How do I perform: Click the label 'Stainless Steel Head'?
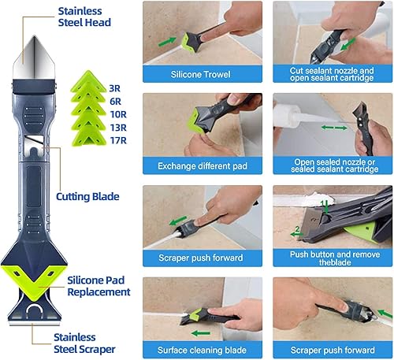point(84,17)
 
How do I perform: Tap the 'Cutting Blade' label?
point(87,197)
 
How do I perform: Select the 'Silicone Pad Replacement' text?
point(98,286)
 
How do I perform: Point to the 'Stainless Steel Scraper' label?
point(84,343)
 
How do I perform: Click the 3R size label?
point(115,88)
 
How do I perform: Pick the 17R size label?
point(118,140)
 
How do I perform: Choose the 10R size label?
point(118,114)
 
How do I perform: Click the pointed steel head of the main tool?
point(34,58)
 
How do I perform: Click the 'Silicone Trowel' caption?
point(201,74)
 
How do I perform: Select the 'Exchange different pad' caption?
point(203,166)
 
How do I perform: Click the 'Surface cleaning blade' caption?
point(202,350)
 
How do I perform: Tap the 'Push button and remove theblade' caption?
point(335,258)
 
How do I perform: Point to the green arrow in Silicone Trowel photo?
point(167,42)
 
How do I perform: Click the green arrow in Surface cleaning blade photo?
point(201,333)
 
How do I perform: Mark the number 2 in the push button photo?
point(297,229)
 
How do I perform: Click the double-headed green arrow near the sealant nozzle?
point(334,128)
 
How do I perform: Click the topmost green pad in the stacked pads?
point(88,81)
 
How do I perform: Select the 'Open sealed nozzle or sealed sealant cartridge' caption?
point(335,165)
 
